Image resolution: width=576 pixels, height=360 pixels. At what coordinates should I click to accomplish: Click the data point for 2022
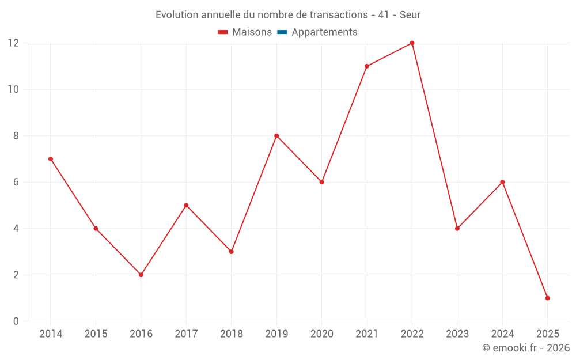[x=412, y=43]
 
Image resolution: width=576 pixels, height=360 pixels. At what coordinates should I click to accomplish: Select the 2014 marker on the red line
[x=51, y=159]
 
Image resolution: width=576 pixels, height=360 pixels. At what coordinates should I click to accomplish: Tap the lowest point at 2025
[x=547, y=298]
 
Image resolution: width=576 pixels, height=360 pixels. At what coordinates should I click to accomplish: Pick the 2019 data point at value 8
[x=276, y=136]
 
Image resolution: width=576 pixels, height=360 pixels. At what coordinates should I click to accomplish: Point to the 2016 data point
[x=141, y=275]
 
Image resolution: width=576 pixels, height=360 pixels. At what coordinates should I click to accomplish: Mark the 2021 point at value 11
[x=367, y=66]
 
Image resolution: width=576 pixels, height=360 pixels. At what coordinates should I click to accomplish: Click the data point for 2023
[x=457, y=229]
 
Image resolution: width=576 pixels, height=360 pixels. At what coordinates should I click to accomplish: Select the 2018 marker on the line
[x=231, y=252]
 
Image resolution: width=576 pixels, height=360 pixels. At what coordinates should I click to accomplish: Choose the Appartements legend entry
[x=324, y=32]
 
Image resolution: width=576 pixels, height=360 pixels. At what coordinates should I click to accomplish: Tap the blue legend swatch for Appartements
[x=282, y=32]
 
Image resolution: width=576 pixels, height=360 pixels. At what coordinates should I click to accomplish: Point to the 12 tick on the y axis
[x=13, y=43]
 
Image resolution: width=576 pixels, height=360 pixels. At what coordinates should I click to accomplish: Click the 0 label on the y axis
[x=16, y=321]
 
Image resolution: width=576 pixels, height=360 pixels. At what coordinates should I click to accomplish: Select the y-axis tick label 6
[x=16, y=182]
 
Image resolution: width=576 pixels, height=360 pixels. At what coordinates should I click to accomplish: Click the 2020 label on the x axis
[x=322, y=334]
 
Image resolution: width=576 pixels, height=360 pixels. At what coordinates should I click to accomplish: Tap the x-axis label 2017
[x=186, y=334]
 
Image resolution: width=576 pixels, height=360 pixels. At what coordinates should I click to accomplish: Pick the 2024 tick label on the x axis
[x=502, y=334]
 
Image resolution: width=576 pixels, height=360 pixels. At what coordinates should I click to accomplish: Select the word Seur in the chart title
[x=410, y=15]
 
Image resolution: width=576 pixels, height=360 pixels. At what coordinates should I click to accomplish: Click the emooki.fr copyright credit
[x=526, y=348]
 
